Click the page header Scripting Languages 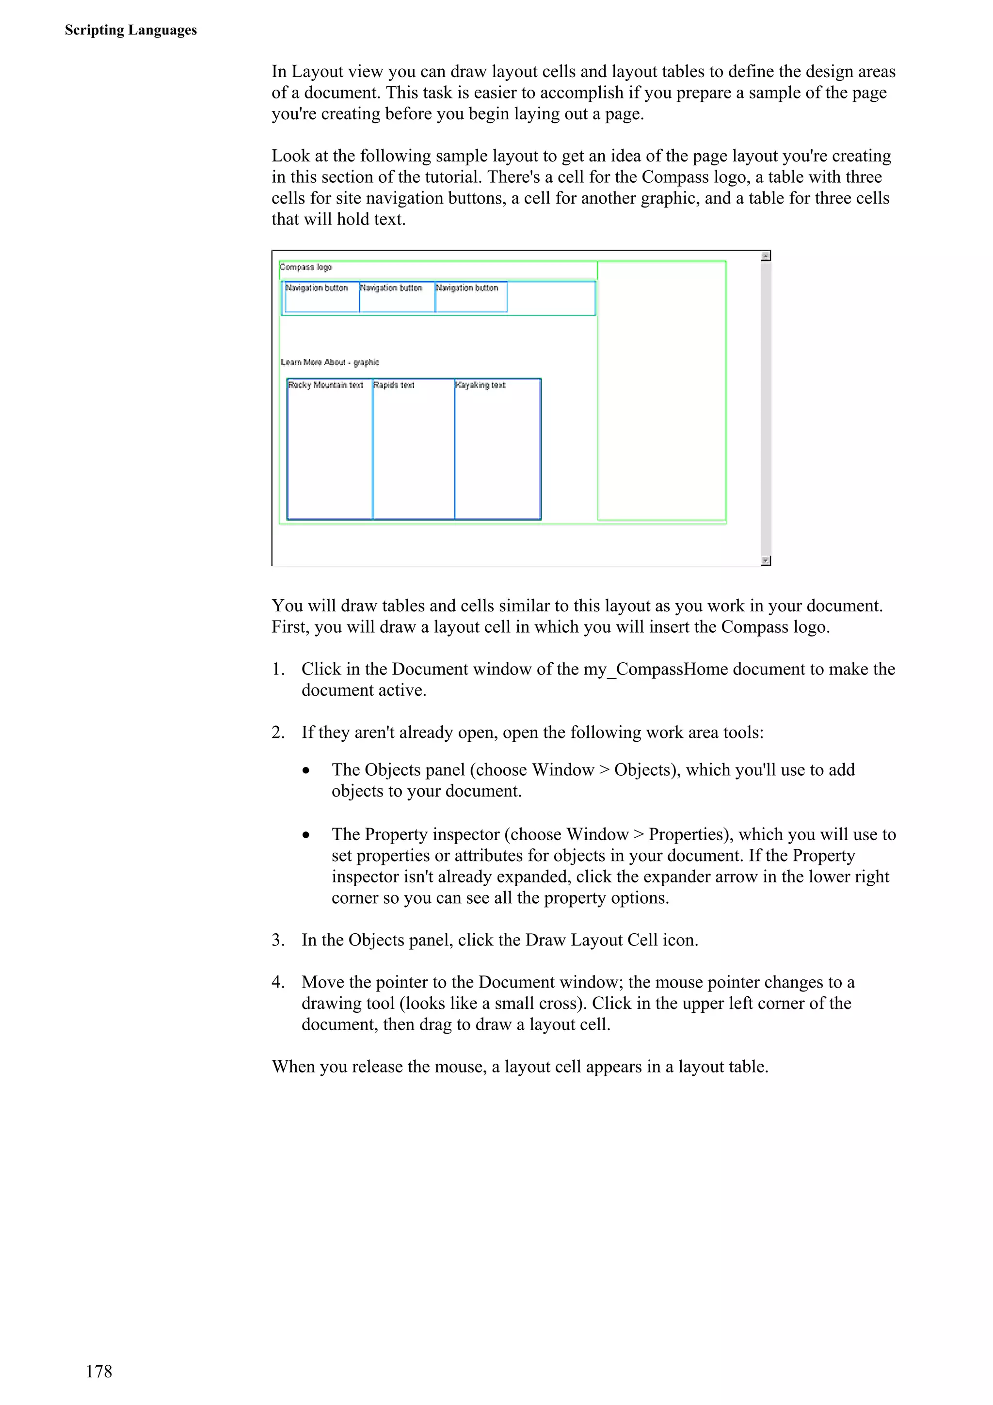pyautogui.click(x=130, y=30)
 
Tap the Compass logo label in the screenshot pyautogui.click(x=305, y=267)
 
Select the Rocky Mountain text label pyautogui.click(x=325, y=385)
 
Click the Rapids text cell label pyautogui.click(x=394, y=385)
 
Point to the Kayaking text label pyautogui.click(x=480, y=385)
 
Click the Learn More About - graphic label pyautogui.click(x=330, y=362)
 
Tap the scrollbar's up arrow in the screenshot pyautogui.click(x=766, y=256)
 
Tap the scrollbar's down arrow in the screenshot pyautogui.click(x=766, y=560)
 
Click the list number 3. pyautogui.click(x=277, y=939)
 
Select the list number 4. pyautogui.click(x=277, y=982)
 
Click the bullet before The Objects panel pyautogui.click(x=306, y=771)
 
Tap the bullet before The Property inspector pyautogui.click(x=306, y=835)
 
